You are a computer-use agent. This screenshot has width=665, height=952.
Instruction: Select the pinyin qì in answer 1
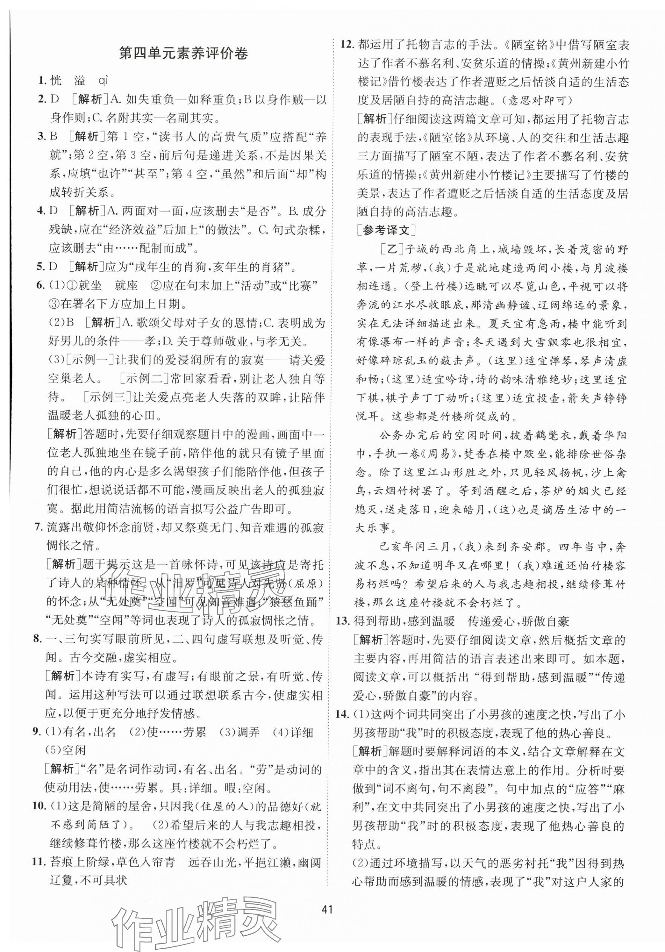pyautogui.click(x=102, y=80)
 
